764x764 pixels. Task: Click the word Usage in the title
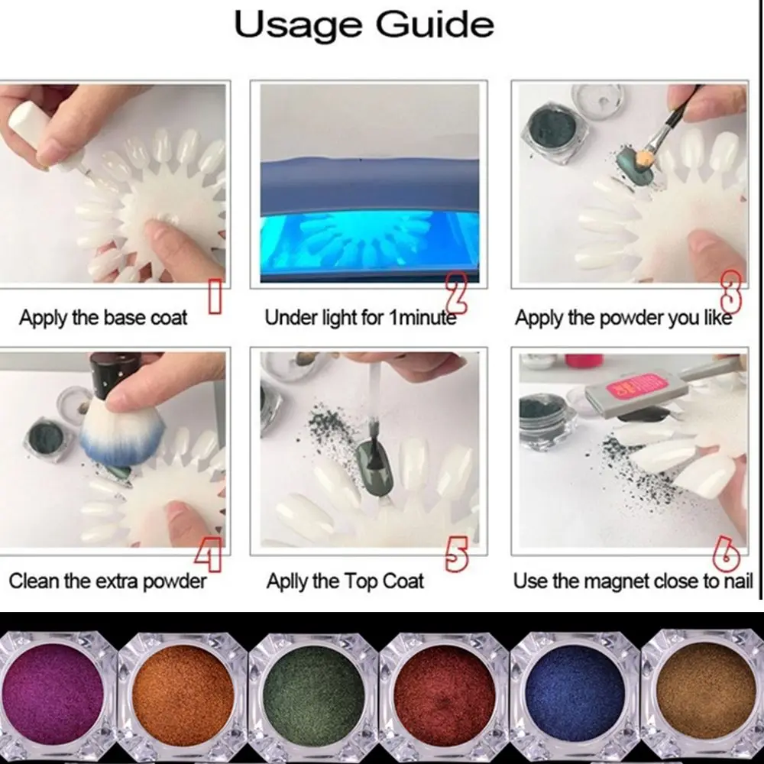coord(298,25)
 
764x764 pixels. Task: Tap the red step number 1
coord(215,297)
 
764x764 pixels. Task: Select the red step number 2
coord(456,293)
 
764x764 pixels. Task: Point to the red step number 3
coord(731,292)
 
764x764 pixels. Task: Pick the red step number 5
coord(457,554)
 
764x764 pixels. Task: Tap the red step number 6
coord(726,554)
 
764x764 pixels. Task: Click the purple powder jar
coord(54,694)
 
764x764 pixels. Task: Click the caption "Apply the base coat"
coord(103,318)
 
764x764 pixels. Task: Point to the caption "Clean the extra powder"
coord(107,581)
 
